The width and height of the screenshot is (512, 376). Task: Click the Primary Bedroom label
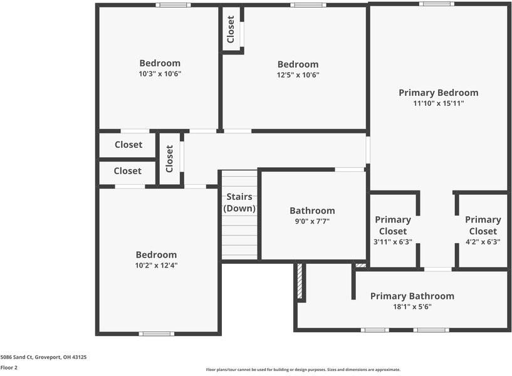tap(438, 93)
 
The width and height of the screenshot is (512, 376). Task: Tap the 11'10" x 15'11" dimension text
tap(438, 103)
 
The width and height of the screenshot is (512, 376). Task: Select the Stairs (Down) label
tap(239, 202)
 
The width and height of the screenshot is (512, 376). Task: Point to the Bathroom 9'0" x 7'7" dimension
tap(312, 221)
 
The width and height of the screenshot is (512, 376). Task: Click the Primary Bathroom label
tap(412, 296)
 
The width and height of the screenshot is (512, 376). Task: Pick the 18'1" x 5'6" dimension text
tap(412, 307)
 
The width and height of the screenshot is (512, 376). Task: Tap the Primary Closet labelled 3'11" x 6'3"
tap(393, 230)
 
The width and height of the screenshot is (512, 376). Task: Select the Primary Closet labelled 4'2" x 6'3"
tap(483, 230)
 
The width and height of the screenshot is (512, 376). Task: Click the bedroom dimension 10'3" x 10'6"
tap(160, 74)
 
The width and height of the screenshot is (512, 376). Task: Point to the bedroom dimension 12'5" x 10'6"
tap(298, 75)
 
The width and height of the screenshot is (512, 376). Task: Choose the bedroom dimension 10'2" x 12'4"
tap(156, 265)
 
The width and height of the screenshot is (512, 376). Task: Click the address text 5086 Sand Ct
tap(43, 357)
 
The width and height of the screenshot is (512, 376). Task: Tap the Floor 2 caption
tap(9, 367)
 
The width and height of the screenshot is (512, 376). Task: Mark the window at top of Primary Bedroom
tap(437, 4)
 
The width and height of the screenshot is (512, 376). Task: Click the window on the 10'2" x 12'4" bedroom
tap(157, 333)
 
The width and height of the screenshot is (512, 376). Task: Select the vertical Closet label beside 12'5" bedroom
tap(231, 29)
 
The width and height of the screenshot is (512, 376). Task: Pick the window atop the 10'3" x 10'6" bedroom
tap(173, 5)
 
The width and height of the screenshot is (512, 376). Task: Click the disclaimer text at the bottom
tap(303, 370)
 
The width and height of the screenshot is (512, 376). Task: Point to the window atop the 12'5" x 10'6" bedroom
tap(308, 5)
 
